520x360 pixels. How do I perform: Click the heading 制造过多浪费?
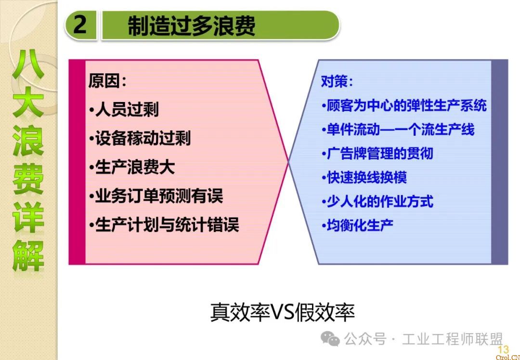coord(191,26)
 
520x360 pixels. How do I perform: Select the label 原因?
coord(107,80)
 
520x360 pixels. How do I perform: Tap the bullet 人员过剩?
coord(124,109)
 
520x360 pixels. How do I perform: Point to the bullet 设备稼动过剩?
coord(140,138)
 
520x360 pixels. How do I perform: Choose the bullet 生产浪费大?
coord(132,167)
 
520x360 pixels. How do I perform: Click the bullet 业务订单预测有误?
coord(156,196)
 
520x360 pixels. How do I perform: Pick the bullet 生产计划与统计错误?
coord(164,225)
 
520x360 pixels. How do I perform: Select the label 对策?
coord(337,81)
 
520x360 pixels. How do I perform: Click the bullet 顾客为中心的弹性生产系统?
coord(404,105)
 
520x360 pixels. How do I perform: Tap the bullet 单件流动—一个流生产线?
coord(398,129)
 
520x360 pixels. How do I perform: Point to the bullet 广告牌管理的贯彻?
coord(377,154)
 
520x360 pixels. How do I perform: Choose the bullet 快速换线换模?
coord(364,177)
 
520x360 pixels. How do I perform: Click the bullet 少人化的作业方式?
coord(377,201)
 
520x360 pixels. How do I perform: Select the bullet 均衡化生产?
coord(357,225)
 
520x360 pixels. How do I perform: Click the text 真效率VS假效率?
coord(283,311)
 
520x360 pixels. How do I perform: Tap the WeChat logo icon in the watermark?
coord(330,338)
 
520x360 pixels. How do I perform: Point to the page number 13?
coord(503,349)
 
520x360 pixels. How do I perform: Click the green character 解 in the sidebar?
coord(28,256)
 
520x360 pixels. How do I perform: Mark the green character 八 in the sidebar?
coord(28,64)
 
